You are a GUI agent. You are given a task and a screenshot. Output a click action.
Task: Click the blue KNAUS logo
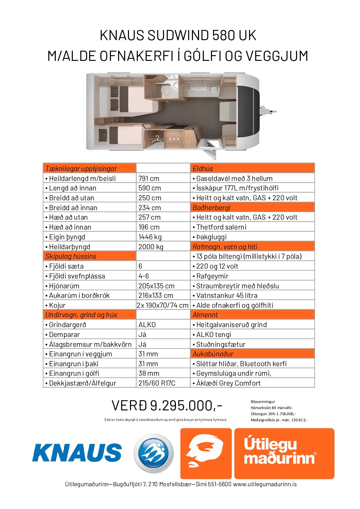point(77,453)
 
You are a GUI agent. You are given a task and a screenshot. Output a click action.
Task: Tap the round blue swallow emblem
point(154,453)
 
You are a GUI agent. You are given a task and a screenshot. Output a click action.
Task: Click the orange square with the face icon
point(206,454)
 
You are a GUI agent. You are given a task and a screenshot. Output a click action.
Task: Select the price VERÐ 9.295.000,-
point(167,405)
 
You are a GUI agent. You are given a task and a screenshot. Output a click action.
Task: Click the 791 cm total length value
point(149,179)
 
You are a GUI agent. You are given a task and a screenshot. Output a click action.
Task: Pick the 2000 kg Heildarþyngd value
point(151,247)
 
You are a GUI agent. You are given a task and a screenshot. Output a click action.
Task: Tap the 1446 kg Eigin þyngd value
point(150,237)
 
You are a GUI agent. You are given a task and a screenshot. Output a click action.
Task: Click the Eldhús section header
point(203,169)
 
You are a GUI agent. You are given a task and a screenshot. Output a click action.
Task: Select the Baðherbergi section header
point(211,208)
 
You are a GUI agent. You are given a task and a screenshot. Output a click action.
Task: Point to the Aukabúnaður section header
point(213,354)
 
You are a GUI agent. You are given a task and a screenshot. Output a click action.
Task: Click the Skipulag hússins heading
point(71,256)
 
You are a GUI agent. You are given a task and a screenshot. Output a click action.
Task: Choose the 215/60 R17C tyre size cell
point(157,383)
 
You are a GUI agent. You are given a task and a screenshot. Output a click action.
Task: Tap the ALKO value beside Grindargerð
point(147,325)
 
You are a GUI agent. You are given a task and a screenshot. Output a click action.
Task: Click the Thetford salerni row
point(221,227)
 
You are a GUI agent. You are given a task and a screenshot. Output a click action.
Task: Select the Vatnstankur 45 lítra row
point(227,295)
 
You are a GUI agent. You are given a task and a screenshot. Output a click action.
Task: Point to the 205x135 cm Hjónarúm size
point(156,286)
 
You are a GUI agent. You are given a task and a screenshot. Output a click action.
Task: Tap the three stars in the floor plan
point(174,139)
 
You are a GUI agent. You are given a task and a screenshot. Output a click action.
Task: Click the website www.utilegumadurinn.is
point(265,484)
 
